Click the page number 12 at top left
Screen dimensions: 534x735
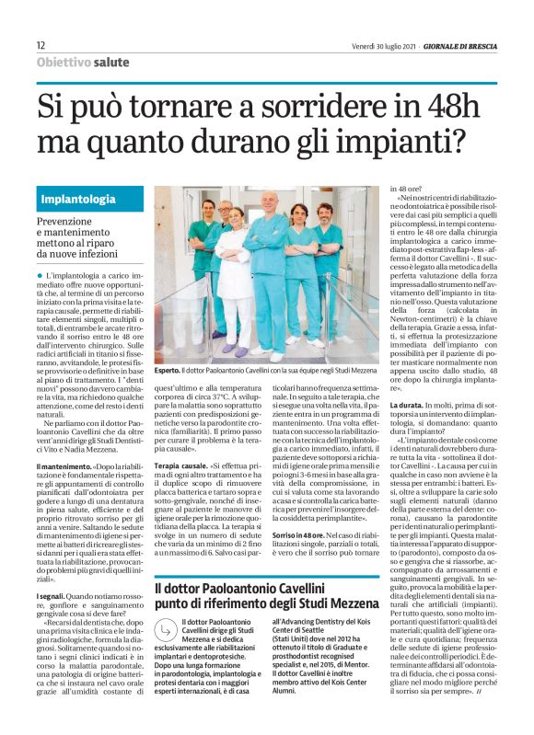[x=41, y=45]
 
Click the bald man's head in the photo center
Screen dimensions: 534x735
[x=269, y=200]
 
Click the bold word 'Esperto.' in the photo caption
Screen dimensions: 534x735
[x=168, y=369]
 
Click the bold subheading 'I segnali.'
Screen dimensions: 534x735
[x=54, y=596]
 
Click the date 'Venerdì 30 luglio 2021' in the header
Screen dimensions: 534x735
[x=383, y=45]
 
